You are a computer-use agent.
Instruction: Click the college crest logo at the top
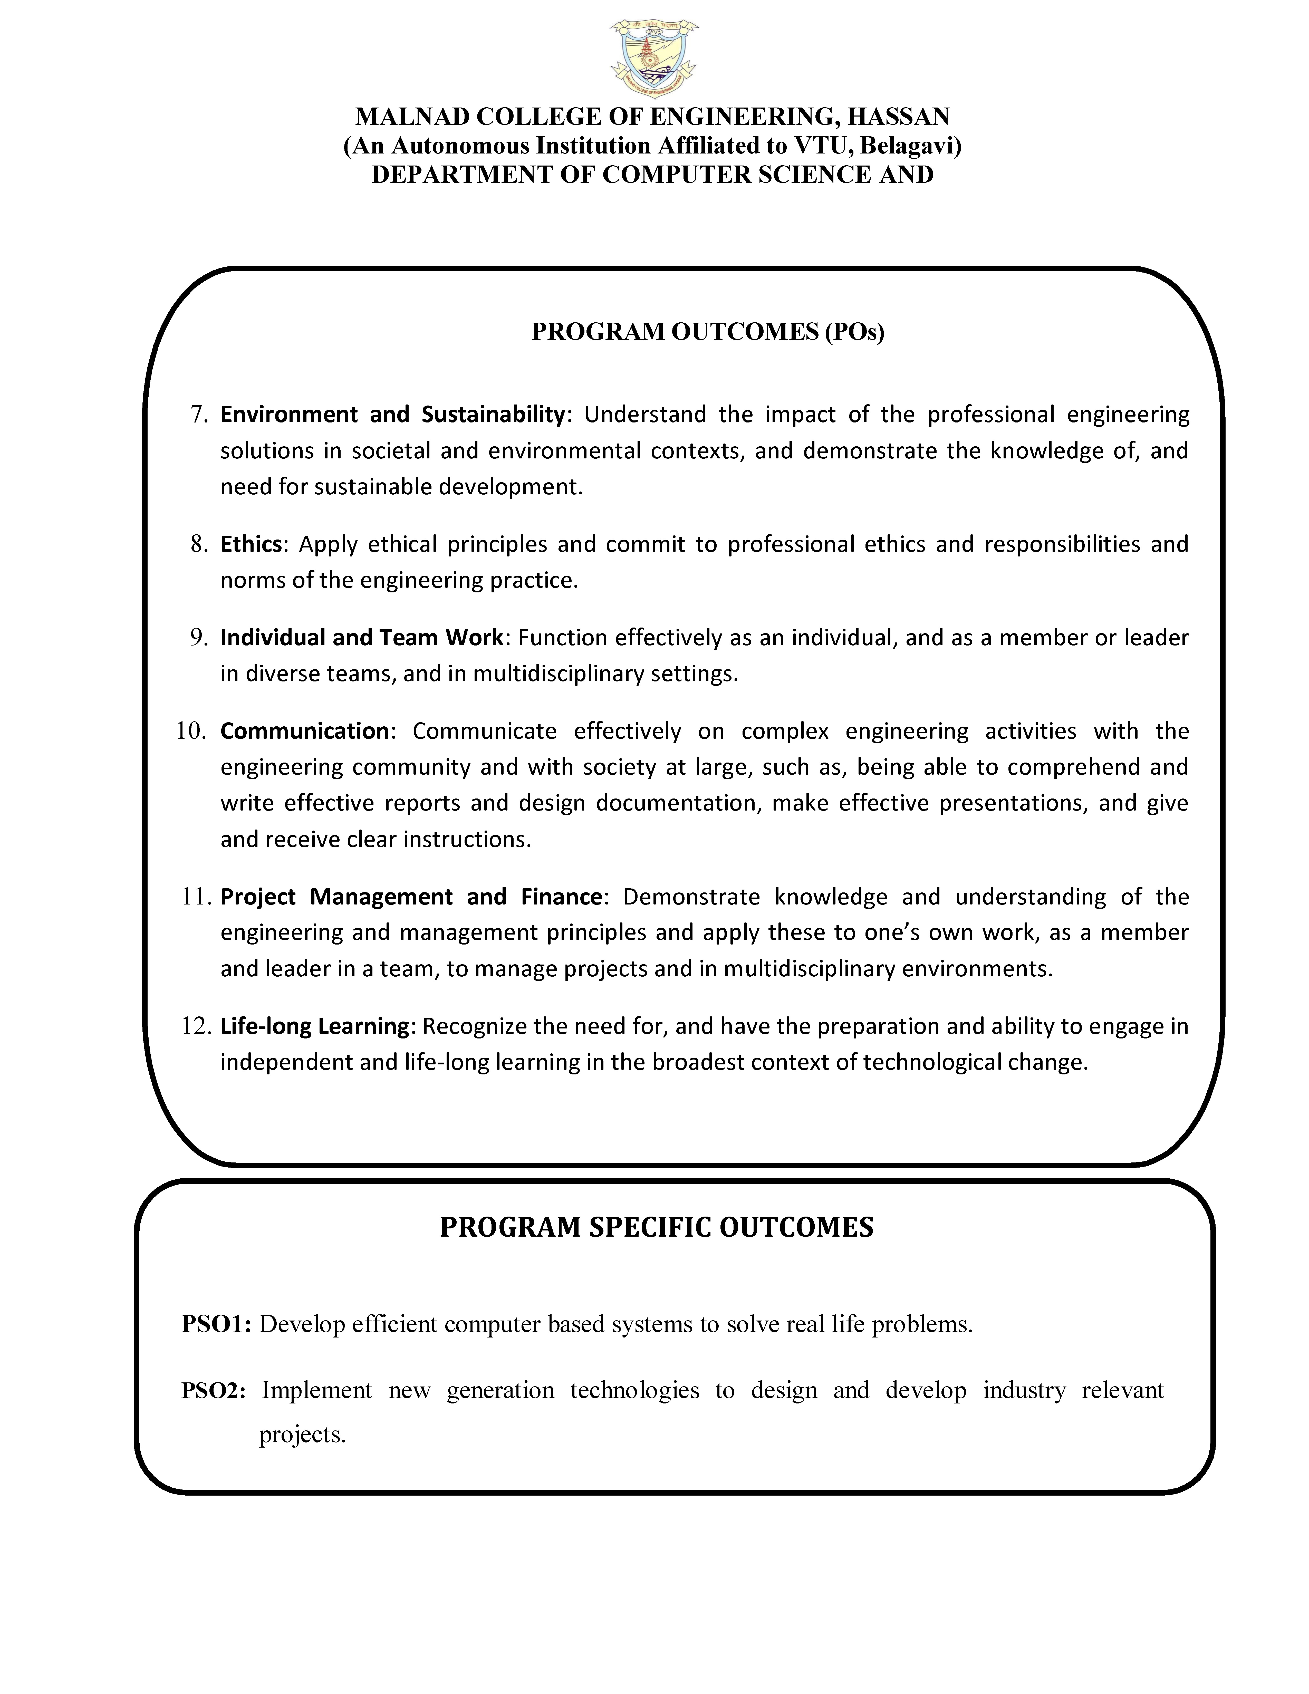point(654,58)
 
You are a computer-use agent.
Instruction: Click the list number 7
point(200,415)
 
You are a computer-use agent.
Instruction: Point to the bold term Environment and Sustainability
point(392,415)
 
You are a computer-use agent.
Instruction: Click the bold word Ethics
point(251,544)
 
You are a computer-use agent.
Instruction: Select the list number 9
point(200,638)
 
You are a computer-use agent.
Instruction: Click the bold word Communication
point(304,731)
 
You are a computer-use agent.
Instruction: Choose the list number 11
point(196,897)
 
